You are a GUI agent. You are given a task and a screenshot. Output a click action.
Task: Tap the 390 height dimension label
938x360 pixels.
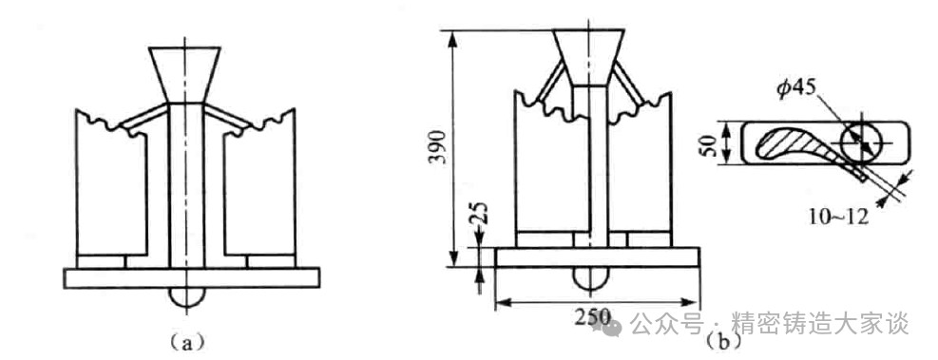[x=438, y=147]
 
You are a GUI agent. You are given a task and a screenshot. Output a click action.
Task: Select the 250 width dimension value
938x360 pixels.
[x=593, y=316]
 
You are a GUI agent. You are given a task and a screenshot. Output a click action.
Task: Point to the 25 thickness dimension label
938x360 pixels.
[x=480, y=215]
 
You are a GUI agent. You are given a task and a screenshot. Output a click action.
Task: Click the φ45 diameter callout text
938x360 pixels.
[x=795, y=88]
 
